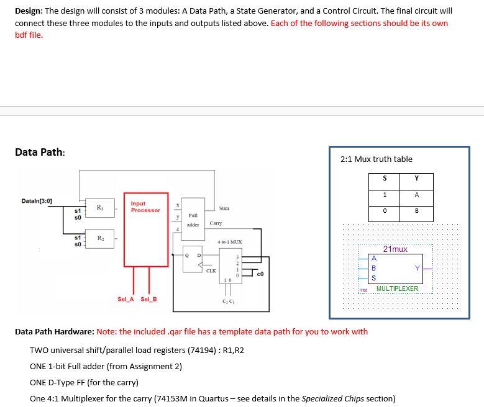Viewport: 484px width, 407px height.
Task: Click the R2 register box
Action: [99, 239]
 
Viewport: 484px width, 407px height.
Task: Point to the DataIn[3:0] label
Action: [37, 201]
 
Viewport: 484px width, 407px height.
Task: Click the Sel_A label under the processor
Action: [125, 299]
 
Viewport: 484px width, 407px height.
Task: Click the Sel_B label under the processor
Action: [149, 299]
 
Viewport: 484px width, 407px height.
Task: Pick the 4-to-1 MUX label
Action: [229, 241]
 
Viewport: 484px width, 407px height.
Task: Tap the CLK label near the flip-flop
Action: [211, 271]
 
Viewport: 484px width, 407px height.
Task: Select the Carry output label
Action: [216, 223]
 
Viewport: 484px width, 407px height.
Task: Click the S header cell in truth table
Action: [385, 179]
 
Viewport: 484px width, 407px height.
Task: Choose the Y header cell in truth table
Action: [416, 179]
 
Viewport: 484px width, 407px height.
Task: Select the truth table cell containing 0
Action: [385, 210]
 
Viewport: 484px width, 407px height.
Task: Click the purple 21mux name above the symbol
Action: [395, 249]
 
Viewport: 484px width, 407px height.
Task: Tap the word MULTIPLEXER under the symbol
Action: [397, 288]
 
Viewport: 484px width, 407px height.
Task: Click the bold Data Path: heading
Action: [40, 153]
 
